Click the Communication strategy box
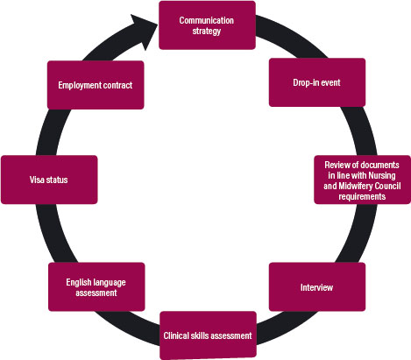tap(207, 25)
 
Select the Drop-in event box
tap(317, 82)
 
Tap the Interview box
tap(317, 286)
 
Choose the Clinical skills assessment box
tap(208, 335)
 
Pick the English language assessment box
tap(96, 286)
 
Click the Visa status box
tap(49, 180)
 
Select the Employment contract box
tap(96, 85)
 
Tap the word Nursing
tap(382, 175)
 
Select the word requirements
tap(362, 196)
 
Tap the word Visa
tap(36, 180)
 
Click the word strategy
tap(207, 31)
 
